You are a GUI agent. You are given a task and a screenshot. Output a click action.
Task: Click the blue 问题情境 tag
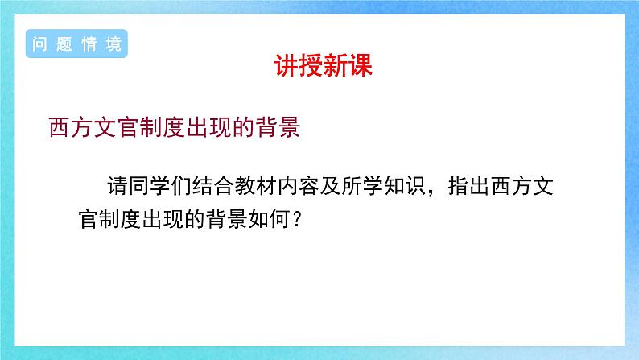77,44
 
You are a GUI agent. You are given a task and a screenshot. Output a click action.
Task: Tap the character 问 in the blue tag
41,44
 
